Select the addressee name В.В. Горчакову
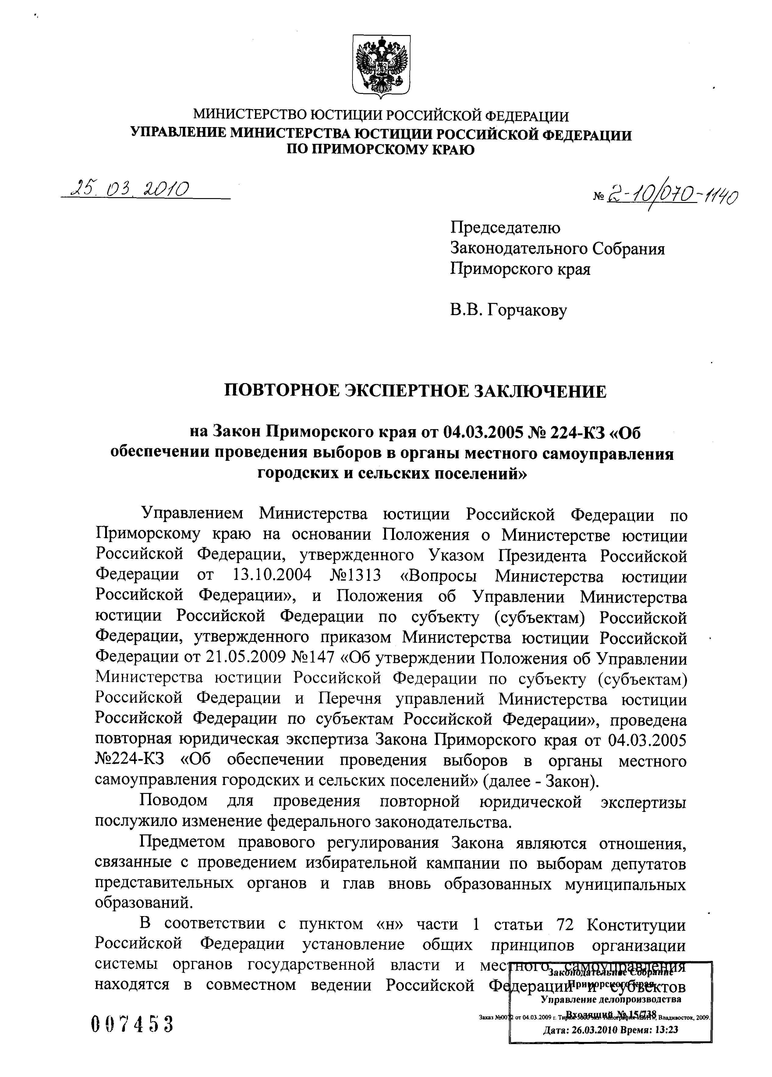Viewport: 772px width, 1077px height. (x=508, y=311)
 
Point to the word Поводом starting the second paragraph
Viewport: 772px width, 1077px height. (x=173, y=801)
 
